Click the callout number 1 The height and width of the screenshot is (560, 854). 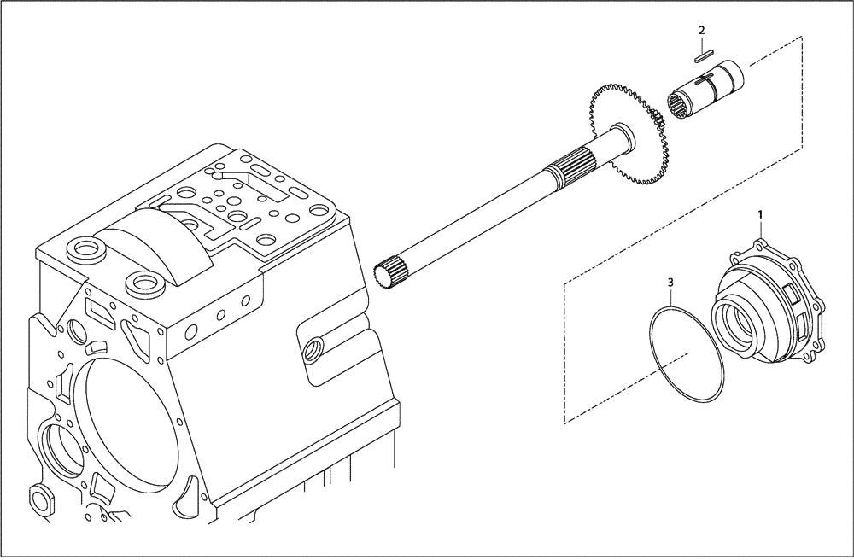click(x=758, y=210)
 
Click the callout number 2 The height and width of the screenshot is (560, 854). click(x=701, y=31)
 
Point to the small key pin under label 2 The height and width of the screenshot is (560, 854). click(x=701, y=58)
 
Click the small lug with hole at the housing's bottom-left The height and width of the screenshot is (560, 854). click(x=39, y=497)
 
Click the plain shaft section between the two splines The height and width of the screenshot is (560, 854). click(x=478, y=218)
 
